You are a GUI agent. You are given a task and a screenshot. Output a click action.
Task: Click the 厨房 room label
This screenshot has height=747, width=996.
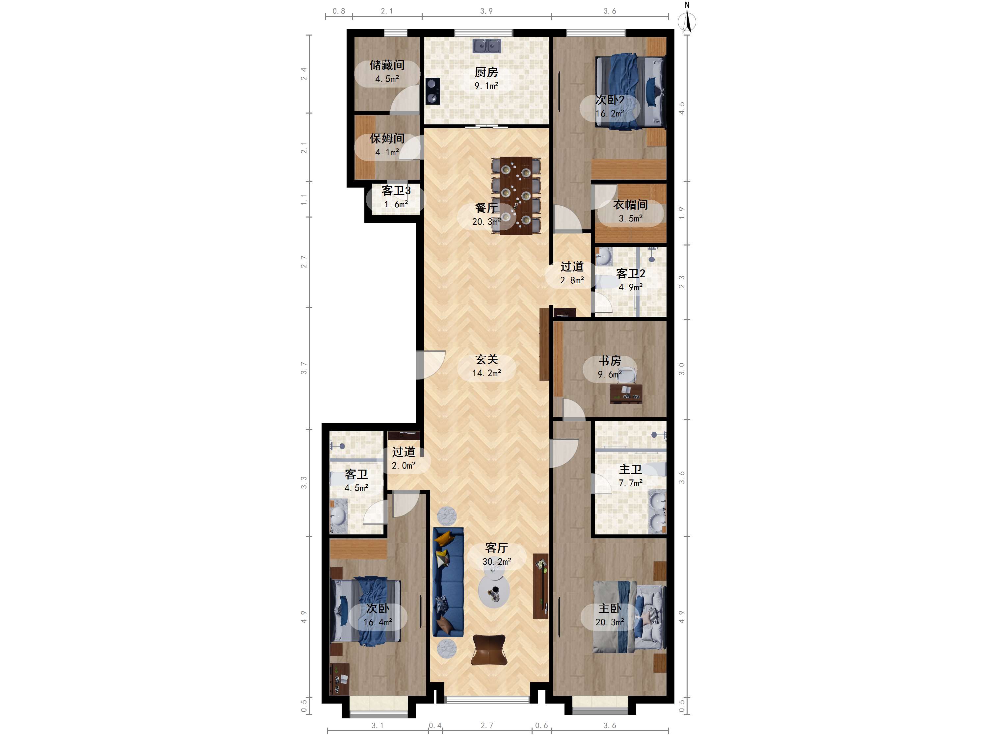pyautogui.click(x=486, y=72)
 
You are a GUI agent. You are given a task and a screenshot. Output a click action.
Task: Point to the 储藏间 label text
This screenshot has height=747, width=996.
pyautogui.click(x=387, y=65)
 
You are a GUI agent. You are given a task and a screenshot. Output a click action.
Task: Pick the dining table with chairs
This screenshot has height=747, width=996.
pyautogui.click(x=516, y=196)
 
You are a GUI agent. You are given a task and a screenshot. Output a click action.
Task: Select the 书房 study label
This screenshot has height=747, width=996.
pyautogui.click(x=610, y=361)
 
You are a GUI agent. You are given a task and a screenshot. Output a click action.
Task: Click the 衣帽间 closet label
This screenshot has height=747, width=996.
pyautogui.click(x=630, y=205)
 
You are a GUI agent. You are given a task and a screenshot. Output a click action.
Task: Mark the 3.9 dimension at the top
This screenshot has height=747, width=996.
pyautogui.click(x=486, y=11)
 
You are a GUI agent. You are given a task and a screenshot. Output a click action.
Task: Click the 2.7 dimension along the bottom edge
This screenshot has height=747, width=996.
pyautogui.click(x=487, y=725)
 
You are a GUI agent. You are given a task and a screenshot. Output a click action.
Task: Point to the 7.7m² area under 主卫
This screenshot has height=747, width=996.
pyautogui.click(x=630, y=483)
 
